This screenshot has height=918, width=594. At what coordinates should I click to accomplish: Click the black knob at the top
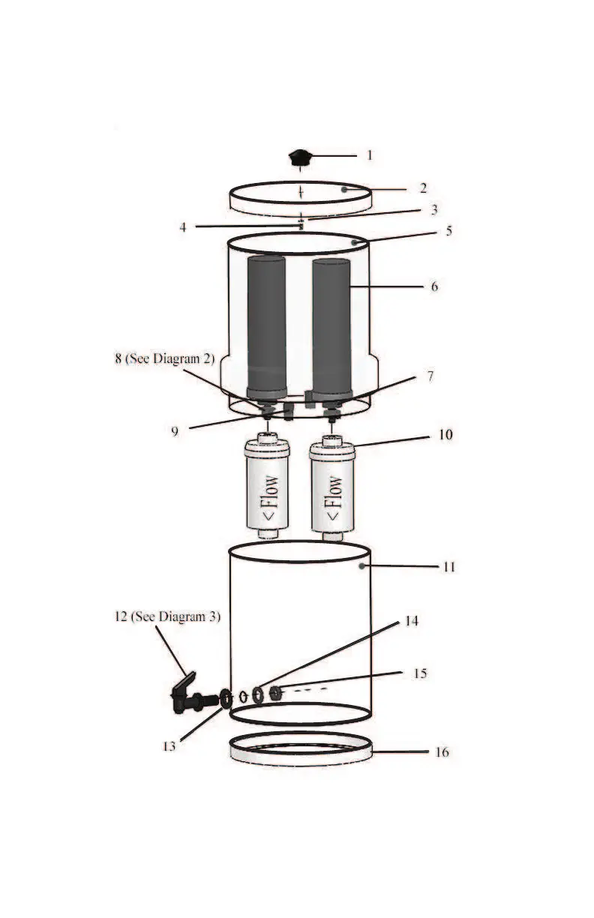coord(301,157)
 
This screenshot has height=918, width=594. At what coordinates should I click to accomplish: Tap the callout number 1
coord(369,155)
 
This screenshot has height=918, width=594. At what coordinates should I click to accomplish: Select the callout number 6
coord(434,286)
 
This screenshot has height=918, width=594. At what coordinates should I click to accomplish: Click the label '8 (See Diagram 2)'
coord(164,358)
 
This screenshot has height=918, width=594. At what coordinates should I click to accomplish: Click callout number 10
coord(445,434)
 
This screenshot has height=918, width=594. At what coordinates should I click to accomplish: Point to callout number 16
coord(442,751)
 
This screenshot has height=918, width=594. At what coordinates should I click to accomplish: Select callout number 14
coord(412,621)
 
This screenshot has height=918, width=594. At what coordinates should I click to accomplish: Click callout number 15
coord(420,673)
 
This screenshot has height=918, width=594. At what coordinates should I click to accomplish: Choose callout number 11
coord(448,566)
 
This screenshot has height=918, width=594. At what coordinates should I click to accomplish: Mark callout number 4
coord(183,226)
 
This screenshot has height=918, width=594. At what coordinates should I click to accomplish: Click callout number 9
coord(175,433)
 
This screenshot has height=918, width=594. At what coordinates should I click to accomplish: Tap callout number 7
coord(430,376)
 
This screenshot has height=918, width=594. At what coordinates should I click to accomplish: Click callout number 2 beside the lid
coord(423,187)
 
